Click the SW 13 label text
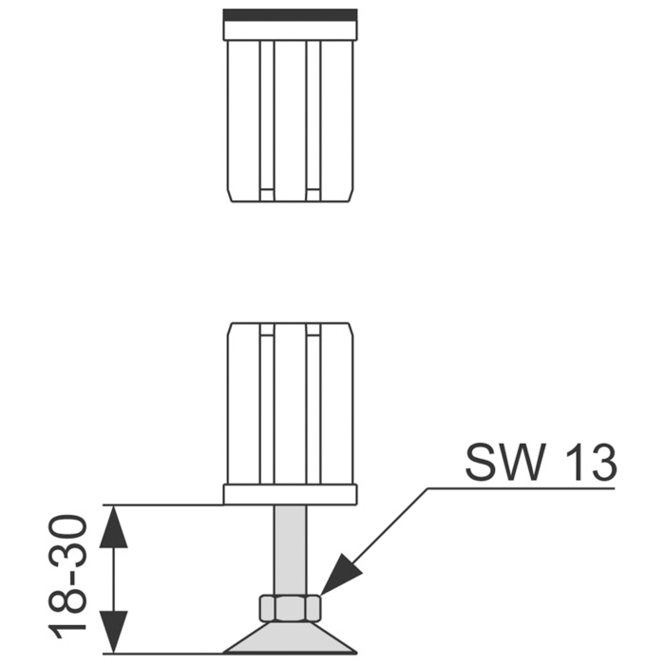(541, 463)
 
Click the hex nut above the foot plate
(289, 608)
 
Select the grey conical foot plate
(290, 637)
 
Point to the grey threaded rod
(290, 550)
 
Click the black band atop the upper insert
(290, 15)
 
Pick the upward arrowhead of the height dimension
(113, 526)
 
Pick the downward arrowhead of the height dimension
(113, 632)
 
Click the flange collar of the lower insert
(290, 495)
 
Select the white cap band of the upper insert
(290, 30)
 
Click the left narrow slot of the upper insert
(267, 121)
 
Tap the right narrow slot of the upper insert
(313, 121)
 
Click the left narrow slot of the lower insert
(267, 404)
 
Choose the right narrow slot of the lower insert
(313, 404)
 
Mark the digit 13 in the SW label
(589, 463)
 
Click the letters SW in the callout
(504, 463)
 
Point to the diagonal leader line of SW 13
(374, 541)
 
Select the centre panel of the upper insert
(290, 121)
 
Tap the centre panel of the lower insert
(290, 404)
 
